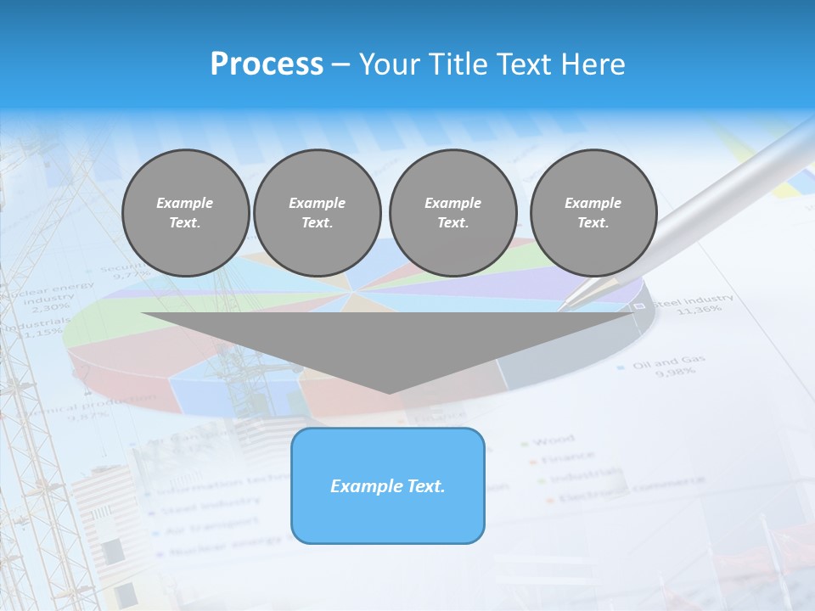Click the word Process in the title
(267, 64)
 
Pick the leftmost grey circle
(185, 212)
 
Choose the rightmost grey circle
(593, 212)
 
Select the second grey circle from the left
(317, 212)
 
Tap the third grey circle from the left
(452, 212)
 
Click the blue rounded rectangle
(388, 485)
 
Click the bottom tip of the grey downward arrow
(390, 392)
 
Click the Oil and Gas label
(669, 362)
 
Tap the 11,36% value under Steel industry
(699, 310)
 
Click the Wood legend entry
(554, 440)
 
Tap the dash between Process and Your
(340, 64)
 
